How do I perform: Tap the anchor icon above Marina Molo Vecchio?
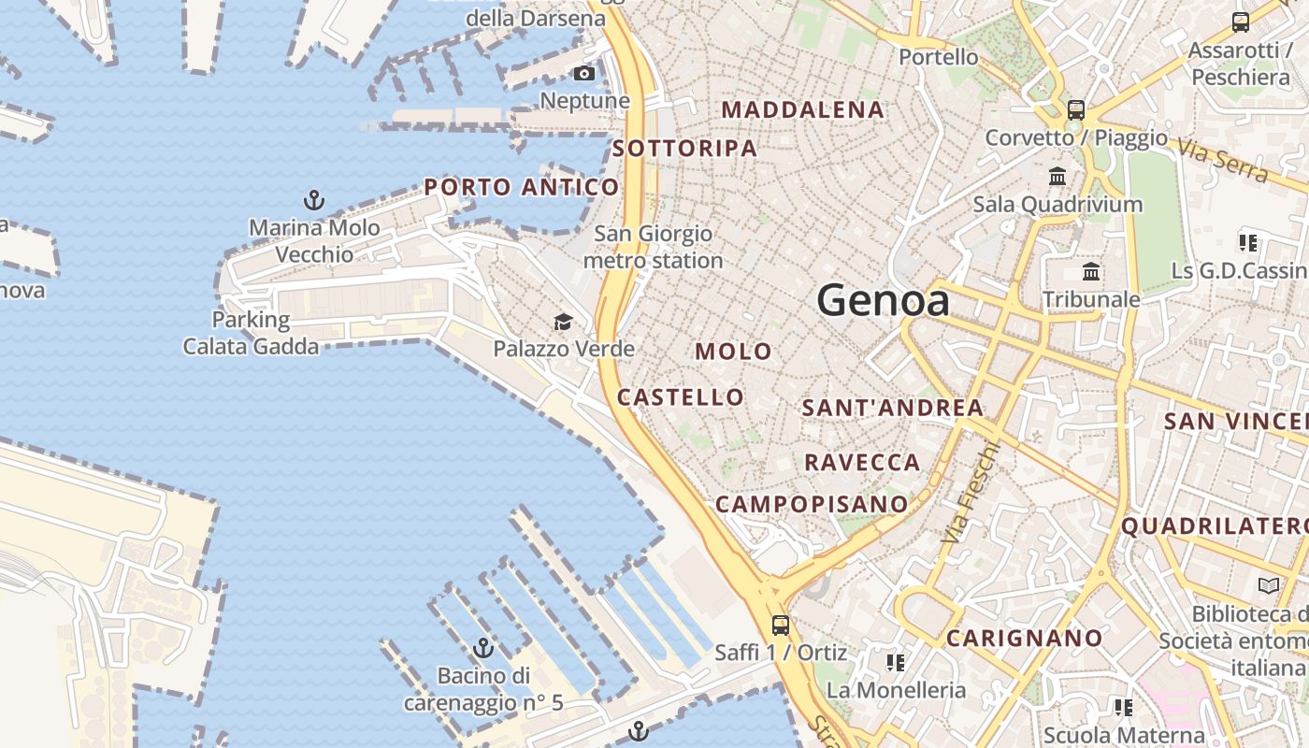pyautogui.click(x=314, y=199)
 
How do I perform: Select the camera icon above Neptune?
pyautogui.click(x=584, y=74)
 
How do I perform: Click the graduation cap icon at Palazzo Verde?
pyautogui.click(x=563, y=323)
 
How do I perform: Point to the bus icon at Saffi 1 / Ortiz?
pyautogui.click(x=781, y=626)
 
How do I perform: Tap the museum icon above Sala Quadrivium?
pyautogui.click(x=1057, y=176)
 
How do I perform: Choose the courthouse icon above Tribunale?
pyautogui.click(x=1090, y=272)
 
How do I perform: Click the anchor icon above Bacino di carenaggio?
pyautogui.click(x=483, y=647)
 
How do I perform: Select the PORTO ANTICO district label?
pyautogui.click(x=522, y=187)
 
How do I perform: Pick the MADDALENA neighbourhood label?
pyautogui.click(x=803, y=109)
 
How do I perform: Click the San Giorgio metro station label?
pyautogui.click(x=654, y=247)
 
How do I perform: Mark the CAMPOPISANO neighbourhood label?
pyautogui.click(x=812, y=504)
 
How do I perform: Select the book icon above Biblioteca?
pyautogui.click(x=1269, y=585)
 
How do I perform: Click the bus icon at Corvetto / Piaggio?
pyautogui.click(x=1076, y=109)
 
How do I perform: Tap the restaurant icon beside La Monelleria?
pyautogui.click(x=896, y=663)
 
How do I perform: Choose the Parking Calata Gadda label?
pyautogui.click(x=251, y=333)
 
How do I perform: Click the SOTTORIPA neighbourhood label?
pyautogui.click(x=684, y=148)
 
